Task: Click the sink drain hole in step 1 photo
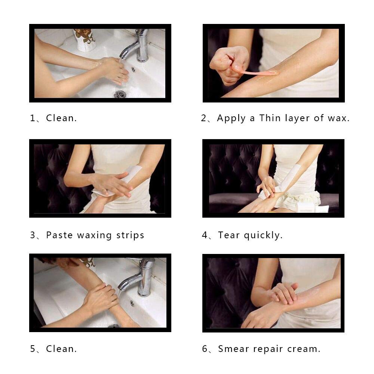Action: pyautogui.click(x=120, y=94)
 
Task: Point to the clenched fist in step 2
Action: pyautogui.click(x=229, y=65)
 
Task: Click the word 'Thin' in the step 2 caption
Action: pyautogui.click(x=270, y=118)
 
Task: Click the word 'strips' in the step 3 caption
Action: pyautogui.click(x=130, y=235)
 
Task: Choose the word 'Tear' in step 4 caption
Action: pyautogui.click(x=229, y=235)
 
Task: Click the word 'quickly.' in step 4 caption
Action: pyautogui.click(x=263, y=235)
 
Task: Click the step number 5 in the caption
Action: pyautogui.click(x=33, y=349)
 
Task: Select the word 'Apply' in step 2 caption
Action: pyautogui.click(x=231, y=118)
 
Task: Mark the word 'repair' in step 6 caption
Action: pyautogui.click(x=268, y=349)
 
